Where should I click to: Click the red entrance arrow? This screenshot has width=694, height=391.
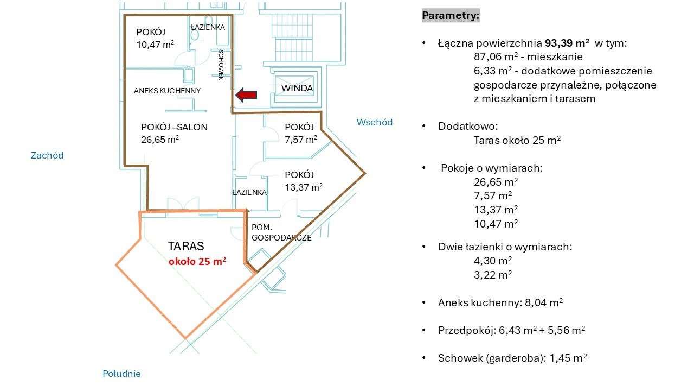[246, 96]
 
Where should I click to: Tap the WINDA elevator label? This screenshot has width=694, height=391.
[297, 88]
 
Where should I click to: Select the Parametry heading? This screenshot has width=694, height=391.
[450, 16]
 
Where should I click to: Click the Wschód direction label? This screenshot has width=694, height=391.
[374, 122]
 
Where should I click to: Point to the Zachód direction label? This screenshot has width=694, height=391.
[47, 155]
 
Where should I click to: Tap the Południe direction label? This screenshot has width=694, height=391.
[121, 374]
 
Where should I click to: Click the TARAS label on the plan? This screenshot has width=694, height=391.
[186, 246]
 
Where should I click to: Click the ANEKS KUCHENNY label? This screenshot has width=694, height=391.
[167, 91]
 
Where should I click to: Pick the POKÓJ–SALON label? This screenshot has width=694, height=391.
[174, 127]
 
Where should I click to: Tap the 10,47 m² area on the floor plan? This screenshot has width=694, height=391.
[155, 45]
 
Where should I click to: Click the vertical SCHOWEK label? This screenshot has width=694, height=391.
[221, 65]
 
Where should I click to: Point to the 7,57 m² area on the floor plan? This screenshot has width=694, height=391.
[301, 139]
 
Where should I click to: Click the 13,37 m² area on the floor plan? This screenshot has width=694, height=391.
[304, 187]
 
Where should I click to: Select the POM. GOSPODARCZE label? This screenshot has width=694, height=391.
[281, 232]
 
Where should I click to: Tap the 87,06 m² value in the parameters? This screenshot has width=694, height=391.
[493, 57]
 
